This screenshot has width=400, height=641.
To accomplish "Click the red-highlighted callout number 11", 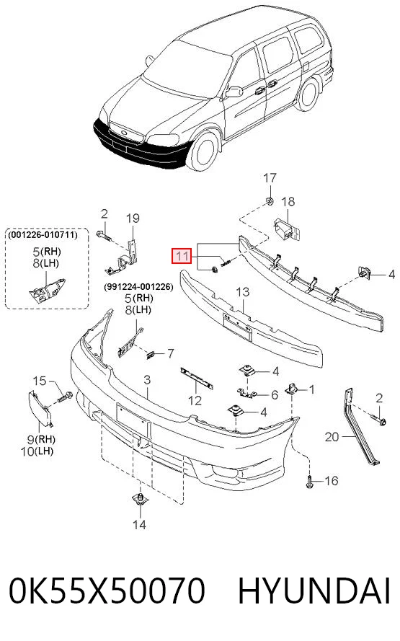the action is coord(182,257).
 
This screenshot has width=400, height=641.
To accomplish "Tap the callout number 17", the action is coord(270,178).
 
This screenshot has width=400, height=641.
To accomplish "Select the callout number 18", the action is coord(288,202).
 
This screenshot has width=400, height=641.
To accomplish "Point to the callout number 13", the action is coord(243,292).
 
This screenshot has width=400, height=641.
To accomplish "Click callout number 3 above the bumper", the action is coord(147,380).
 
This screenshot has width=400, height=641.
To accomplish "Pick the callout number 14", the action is coord(139,524).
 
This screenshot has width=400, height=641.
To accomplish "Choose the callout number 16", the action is coord(332,481).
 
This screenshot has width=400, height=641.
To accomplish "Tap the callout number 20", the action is coord(332,437).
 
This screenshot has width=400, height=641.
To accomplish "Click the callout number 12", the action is coord(195,400).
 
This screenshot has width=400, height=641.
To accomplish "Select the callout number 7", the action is coord(170,353).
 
